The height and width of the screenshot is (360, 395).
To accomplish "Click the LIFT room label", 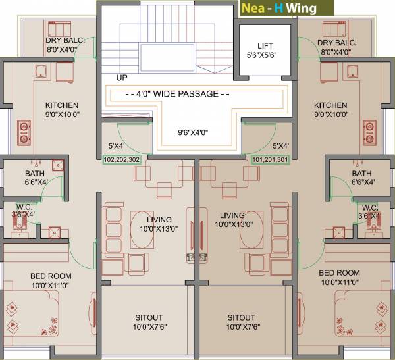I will [265, 46].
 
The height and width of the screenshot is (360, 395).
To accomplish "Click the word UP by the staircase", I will [122, 78].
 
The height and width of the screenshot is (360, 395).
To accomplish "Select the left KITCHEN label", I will [61, 105].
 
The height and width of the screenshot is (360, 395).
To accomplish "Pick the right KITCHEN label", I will [330, 105].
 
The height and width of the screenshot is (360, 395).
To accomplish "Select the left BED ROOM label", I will [51, 275].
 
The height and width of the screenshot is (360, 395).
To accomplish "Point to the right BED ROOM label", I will [339, 272].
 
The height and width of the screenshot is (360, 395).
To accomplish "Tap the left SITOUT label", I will [149, 317].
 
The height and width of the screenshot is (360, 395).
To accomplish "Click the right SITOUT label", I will [242, 317].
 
